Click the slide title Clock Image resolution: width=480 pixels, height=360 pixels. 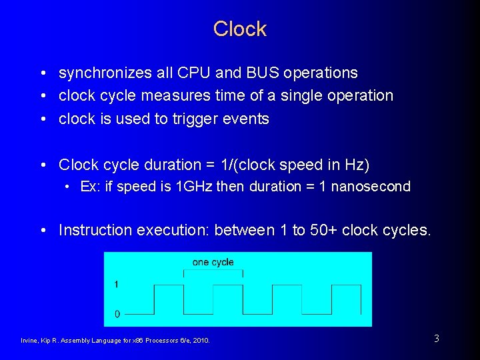coord(240,29)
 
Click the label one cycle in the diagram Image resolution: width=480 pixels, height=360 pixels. coord(213,262)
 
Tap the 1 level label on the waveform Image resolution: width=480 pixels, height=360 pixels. coord(117,285)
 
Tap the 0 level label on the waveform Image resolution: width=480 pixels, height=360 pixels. coord(117,313)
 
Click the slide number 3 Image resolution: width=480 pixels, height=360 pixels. coord(436,339)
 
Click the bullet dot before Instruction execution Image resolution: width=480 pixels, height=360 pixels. coord(42,231)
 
